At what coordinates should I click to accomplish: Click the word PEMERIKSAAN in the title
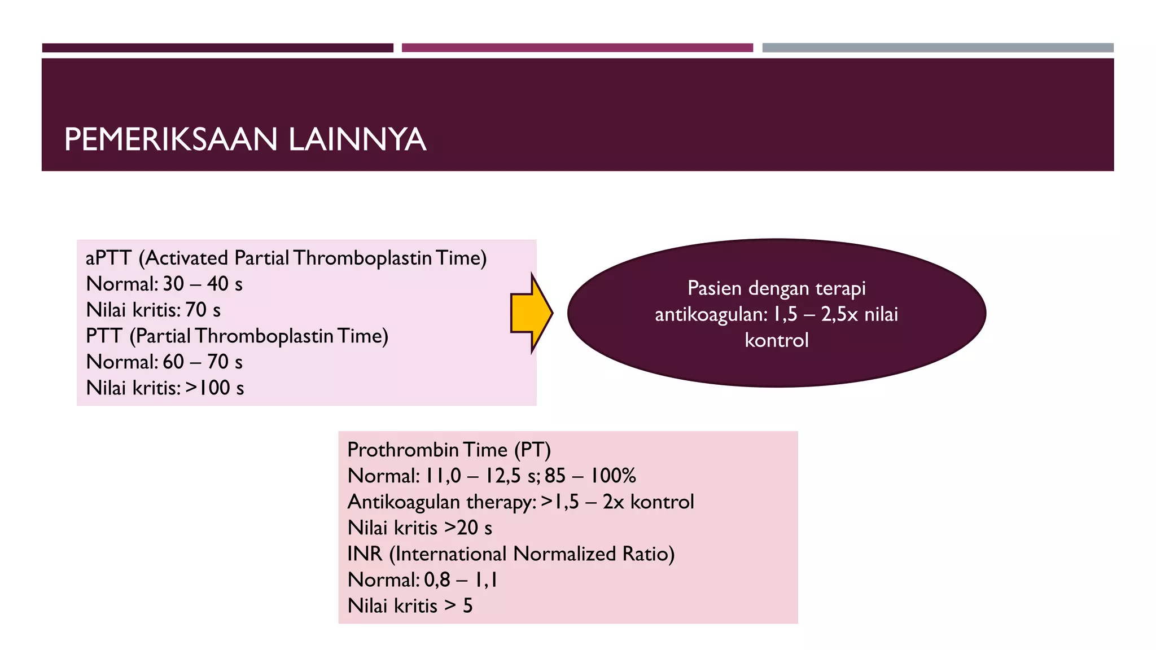click(x=170, y=139)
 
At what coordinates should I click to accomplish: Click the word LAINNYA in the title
click(x=357, y=139)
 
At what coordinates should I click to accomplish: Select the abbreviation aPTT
click(x=108, y=258)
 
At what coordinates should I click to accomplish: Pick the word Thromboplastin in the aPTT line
click(x=362, y=258)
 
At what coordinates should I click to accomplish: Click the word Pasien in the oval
click(x=714, y=288)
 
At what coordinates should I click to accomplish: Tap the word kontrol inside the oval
click(x=776, y=340)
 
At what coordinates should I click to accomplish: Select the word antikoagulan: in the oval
click(x=711, y=314)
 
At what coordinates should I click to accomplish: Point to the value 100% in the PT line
click(x=612, y=476)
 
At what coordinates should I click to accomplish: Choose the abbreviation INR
click(x=365, y=554)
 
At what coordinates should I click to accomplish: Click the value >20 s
click(x=468, y=528)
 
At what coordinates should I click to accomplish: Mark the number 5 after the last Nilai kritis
click(x=467, y=605)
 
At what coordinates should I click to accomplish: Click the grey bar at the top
click(x=938, y=48)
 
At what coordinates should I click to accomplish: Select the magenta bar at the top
click(x=577, y=48)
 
